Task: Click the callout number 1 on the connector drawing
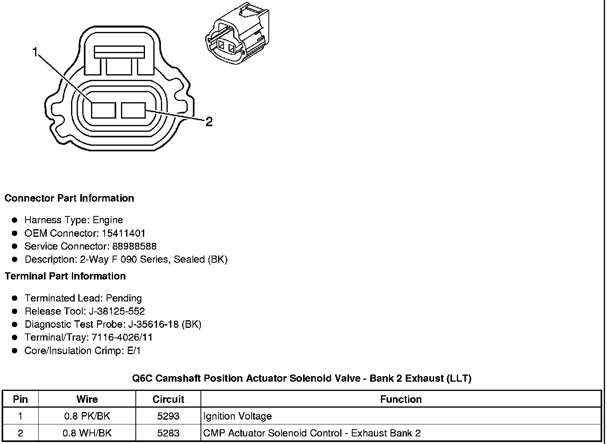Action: (35, 52)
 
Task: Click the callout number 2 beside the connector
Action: (209, 122)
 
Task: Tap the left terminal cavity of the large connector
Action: (103, 110)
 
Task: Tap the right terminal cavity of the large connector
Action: (133, 110)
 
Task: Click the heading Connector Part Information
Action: (69, 198)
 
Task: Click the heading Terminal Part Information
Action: (65, 276)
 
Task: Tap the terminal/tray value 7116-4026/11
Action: (122, 338)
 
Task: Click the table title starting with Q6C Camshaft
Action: (302, 379)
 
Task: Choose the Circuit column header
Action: (168, 399)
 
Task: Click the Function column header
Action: (401, 399)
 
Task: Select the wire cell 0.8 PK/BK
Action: (87, 416)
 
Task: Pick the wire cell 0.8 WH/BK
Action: (87, 433)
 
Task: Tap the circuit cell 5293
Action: (168, 416)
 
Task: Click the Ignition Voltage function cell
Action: (238, 416)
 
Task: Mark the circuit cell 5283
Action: (168, 433)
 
